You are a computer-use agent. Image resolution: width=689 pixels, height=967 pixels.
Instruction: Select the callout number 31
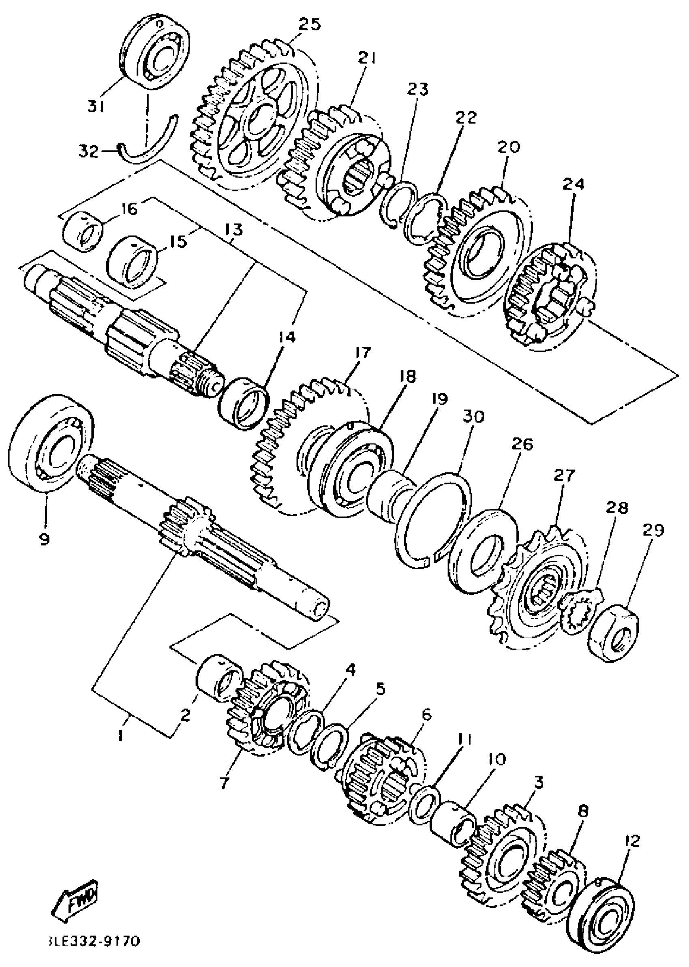[x=96, y=107]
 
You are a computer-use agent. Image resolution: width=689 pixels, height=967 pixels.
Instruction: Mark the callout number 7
[x=224, y=782]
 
